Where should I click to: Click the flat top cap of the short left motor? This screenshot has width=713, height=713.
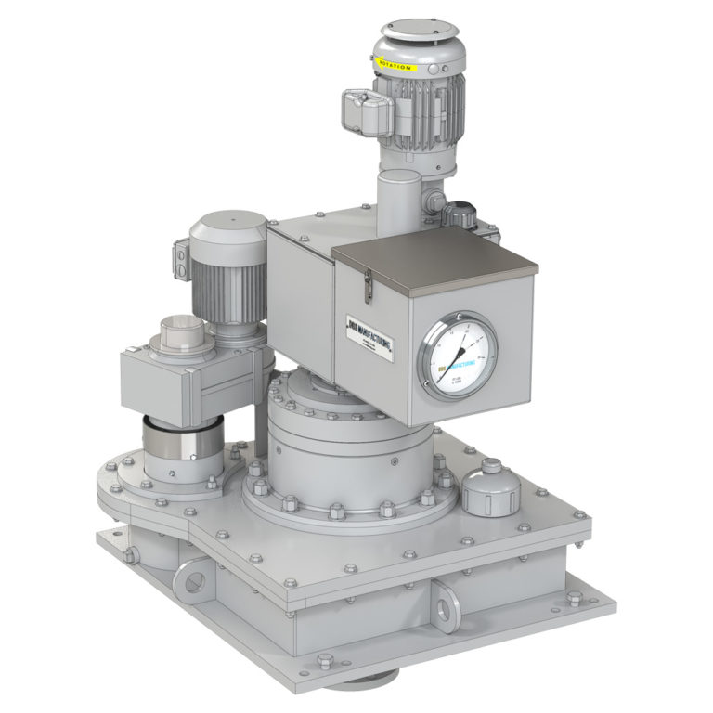[228, 224]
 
